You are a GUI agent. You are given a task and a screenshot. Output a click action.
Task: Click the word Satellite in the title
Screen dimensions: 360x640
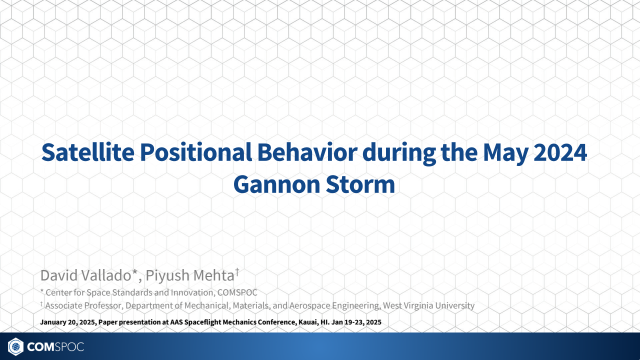point(87,152)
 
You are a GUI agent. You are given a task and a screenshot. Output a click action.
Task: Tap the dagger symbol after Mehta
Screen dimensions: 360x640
point(237,272)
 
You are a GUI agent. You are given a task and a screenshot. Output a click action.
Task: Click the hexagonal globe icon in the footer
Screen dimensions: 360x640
point(15,346)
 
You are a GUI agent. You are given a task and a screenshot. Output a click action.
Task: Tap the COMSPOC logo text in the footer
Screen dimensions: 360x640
point(55,346)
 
